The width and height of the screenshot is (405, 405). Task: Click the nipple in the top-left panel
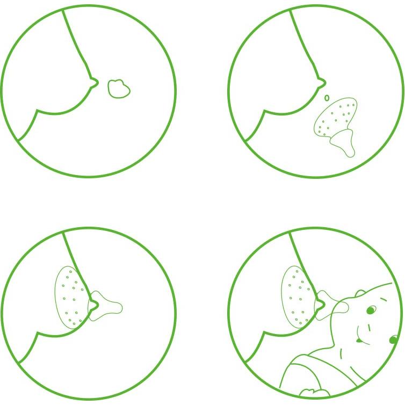95,82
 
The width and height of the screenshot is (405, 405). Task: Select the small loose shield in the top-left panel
119,89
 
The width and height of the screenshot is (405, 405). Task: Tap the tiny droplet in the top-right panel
327,98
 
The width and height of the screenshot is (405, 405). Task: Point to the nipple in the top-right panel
322,82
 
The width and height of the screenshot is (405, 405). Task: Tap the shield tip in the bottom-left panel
114,307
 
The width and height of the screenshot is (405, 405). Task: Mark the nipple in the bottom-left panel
94,305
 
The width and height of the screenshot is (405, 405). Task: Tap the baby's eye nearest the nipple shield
370,310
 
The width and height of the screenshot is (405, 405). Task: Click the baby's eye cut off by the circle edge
394,340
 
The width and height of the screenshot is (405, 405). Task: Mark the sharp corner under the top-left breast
37,110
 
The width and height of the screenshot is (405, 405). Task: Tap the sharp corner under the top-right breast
264,111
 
